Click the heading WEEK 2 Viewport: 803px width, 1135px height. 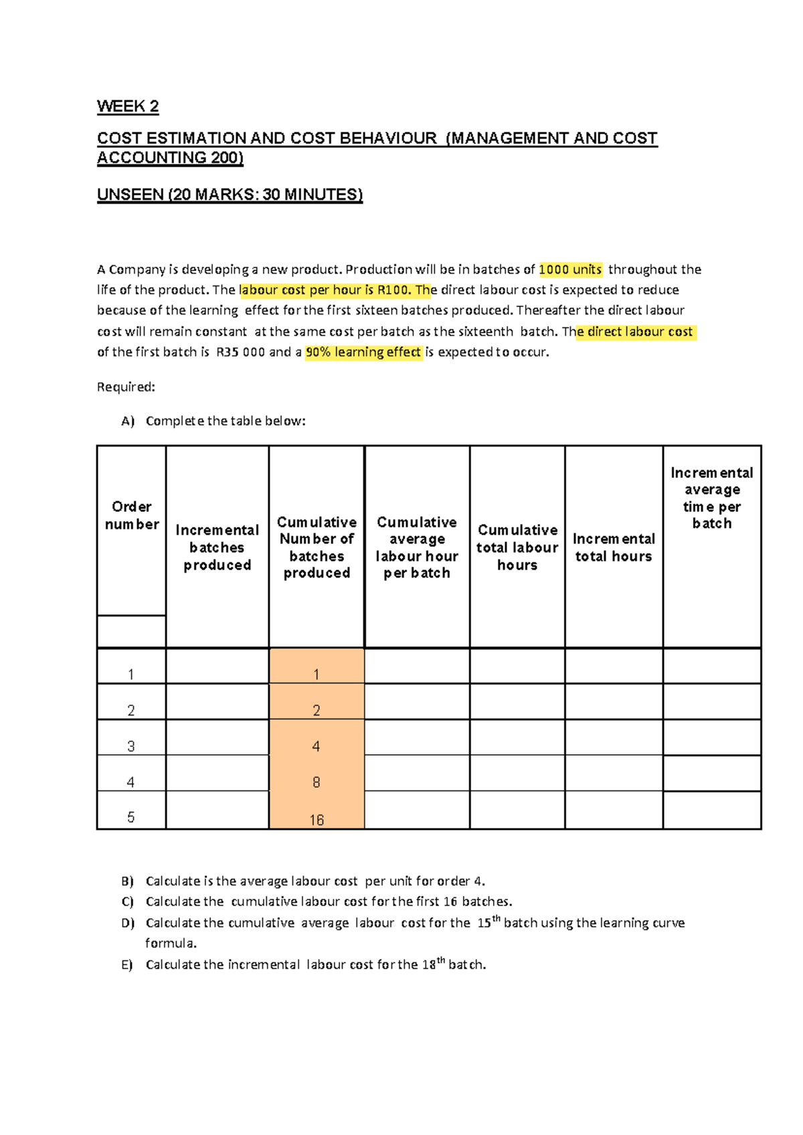[128, 106]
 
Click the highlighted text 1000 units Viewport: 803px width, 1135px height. [570, 270]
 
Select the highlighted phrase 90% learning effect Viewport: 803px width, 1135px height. [363, 352]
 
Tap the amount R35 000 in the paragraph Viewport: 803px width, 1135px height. [240, 352]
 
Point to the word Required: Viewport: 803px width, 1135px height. [126, 387]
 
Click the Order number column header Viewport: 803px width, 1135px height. [132, 515]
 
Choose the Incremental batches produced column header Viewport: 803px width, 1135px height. [217, 547]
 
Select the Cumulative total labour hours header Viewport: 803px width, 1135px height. [517, 547]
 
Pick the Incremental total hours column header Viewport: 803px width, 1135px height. [614, 547]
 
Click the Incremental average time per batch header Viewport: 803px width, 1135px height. [712, 498]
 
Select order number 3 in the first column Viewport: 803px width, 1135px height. [131, 746]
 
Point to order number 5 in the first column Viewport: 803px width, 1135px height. [131, 817]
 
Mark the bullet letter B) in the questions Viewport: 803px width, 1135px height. [127, 881]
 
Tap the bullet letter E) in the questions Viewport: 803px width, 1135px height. [127, 965]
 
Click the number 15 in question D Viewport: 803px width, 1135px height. [484, 924]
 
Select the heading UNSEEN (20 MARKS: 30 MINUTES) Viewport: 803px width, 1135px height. [230, 195]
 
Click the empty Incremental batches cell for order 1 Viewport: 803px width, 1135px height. [217, 667]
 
